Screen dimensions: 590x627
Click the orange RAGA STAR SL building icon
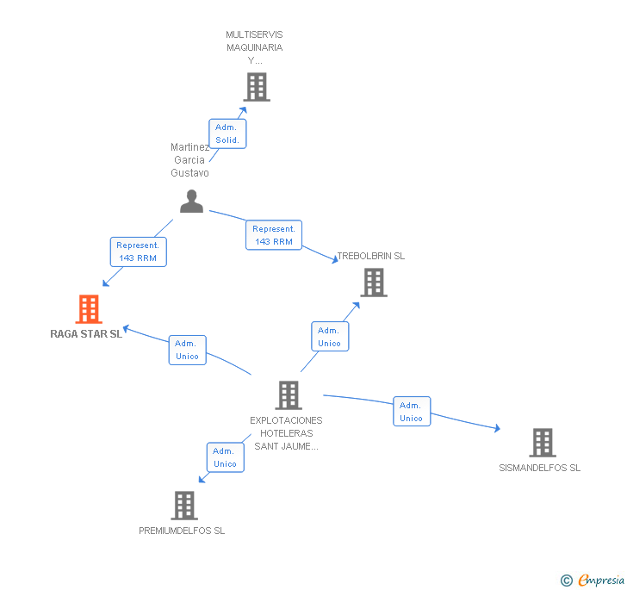pyautogui.click(x=89, y=308)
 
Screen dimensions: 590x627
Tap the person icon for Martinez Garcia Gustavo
pyautogui.click(x=191, y=202)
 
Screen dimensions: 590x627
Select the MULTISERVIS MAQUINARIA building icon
pyautogui.click(x=256, y=87)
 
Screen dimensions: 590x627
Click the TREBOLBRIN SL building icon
pyautogui.click(x=373, y=283)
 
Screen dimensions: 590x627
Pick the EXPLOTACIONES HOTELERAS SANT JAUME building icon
pyautogui.click(x=288, y=395)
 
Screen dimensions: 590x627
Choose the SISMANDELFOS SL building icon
pyautogui.click(x=542, y=443)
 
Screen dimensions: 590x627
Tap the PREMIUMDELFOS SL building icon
pyautogui.click(x=184, y=506)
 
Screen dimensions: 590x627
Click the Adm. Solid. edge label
pyautogui.click(x=227, y=134)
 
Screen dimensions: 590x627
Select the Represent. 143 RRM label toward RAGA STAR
pyautogui.click(x=138, y=252)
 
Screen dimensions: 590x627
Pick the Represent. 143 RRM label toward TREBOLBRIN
pyautogui.click(x=274, y=235)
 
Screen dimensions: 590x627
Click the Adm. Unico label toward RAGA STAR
pyautogui.click(x=187, y=350)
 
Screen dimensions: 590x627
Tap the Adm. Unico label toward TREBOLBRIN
pyautogui.click(x=329, y=337)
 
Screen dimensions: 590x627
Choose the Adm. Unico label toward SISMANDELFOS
pyautogui.click(x=411, y=412)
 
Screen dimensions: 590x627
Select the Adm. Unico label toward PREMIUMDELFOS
pyautogui.click(x=225, y=457)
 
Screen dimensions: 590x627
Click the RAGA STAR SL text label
pyautogui.click(x=86, y=334)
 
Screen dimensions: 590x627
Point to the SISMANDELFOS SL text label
pyautogui.click(x=540, y=468)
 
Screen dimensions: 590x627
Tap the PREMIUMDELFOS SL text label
pyautogui.click(x=182, y=531)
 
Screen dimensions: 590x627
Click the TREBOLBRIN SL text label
pyautogui.click(x=371, y=256)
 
